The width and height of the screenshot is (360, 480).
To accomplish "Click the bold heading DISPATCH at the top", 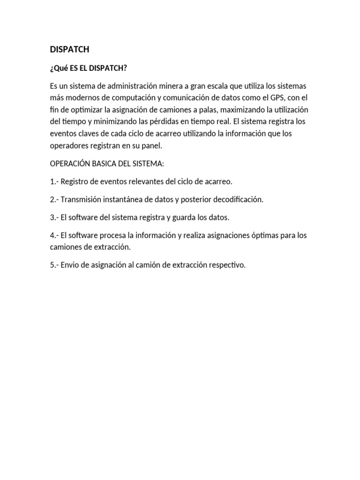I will pyautogui.click(x=69, y=49).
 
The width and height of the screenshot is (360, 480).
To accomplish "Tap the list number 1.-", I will pyautogui.click(x=54, y=181).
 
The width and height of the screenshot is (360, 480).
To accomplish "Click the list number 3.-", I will pyautogui.click(x=54, y=217).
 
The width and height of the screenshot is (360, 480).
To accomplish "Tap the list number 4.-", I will pyautogui.click(x=54, y=235).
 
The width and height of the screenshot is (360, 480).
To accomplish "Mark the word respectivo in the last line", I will pyautogui.click(x=226, y=265).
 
